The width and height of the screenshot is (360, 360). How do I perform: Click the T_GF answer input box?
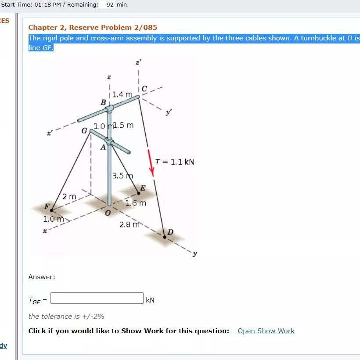pos(97,298)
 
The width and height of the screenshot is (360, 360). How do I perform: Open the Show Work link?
pos(266,331)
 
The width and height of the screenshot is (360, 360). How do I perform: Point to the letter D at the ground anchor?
pos(170,232)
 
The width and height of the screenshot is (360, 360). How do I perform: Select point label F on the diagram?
pos(46,206)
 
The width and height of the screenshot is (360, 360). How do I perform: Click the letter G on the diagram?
pos(84,130)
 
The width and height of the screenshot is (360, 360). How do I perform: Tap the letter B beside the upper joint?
pos(103,102)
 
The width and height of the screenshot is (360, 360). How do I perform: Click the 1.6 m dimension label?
pos(136,203)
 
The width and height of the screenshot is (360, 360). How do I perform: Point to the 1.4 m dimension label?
pos(122,94)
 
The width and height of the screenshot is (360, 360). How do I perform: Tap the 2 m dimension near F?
pos(69,196)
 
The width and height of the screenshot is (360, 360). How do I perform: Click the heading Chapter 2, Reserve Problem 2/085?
pos(93,28)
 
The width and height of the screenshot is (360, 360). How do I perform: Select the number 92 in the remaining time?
pos(110,5)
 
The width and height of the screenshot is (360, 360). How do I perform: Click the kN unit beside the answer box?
pos(150,300)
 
